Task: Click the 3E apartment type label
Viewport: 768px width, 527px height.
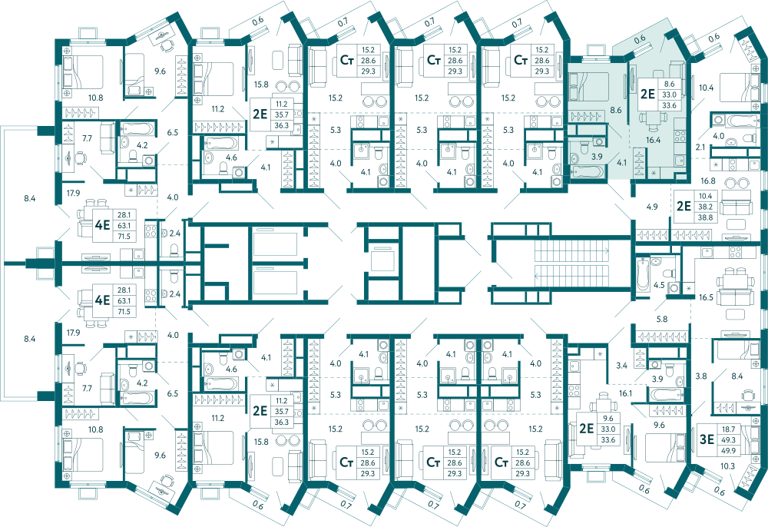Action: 707,439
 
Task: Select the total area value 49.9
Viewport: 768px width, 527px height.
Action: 728,451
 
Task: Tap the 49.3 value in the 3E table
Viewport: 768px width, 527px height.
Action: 728,440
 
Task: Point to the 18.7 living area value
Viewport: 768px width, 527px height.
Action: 728,429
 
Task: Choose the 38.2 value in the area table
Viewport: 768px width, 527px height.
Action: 705,207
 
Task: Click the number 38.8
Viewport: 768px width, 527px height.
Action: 705,217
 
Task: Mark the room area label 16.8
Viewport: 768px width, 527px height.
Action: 708,181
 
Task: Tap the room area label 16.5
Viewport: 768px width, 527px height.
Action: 706,297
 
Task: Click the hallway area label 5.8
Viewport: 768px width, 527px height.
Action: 662,319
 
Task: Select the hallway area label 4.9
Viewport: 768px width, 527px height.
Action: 651,207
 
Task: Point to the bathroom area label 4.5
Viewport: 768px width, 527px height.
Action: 659,284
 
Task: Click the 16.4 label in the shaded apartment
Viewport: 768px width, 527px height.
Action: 653,140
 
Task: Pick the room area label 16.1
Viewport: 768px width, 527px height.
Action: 625,393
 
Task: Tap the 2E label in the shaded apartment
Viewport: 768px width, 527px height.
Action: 647,93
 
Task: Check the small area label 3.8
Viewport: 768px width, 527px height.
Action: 701,376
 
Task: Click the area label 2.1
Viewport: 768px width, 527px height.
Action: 700,147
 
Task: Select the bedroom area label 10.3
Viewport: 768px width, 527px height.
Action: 728,466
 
